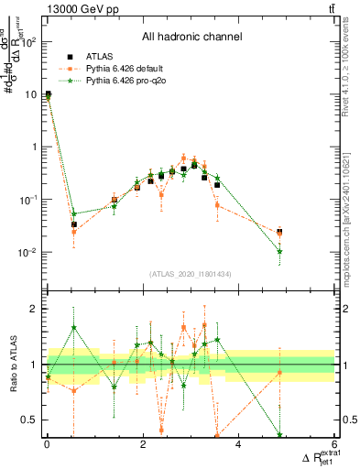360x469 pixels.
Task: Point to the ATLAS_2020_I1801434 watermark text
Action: point(190,275)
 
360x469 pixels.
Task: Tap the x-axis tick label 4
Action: point(238,446)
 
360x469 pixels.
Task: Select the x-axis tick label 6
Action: point(334,446)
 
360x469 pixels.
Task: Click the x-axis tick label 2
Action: point(142,446)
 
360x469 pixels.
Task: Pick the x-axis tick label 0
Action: point(47,446)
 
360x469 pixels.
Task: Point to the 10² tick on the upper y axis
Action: point(27,42)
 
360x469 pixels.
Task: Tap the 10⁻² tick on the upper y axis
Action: point(27,252)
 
